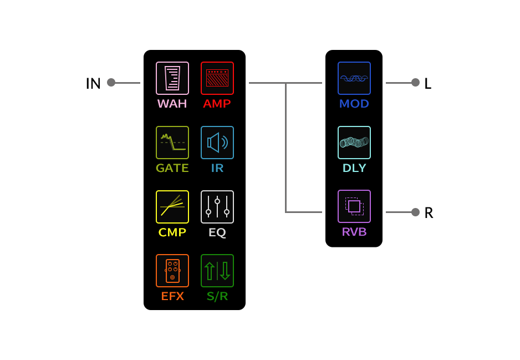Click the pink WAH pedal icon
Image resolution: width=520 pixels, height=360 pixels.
172,78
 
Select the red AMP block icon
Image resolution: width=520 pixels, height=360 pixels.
217,78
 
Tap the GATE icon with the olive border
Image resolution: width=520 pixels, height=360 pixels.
172,143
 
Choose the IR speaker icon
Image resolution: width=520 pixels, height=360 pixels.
217,143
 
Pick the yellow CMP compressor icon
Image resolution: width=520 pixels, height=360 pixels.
172,207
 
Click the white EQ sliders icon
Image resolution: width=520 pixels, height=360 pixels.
217,207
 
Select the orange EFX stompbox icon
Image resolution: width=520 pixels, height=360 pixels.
172,271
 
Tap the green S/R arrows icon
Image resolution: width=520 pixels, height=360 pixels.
217,271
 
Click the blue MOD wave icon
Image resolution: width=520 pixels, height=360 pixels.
354,78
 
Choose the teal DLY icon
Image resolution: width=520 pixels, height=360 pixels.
354,143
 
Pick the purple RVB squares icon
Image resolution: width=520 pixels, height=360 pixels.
354,206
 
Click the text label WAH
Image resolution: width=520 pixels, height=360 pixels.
172,104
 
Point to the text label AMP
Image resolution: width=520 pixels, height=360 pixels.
217,104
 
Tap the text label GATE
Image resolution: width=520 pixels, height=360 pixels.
172,168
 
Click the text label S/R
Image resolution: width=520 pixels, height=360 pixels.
217,296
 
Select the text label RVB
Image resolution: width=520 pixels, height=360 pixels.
354,232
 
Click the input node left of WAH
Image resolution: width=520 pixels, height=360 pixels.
111,83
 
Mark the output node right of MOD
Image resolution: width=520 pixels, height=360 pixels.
415,83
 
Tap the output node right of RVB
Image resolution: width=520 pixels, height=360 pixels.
415,212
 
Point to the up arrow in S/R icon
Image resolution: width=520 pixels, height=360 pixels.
210,271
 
